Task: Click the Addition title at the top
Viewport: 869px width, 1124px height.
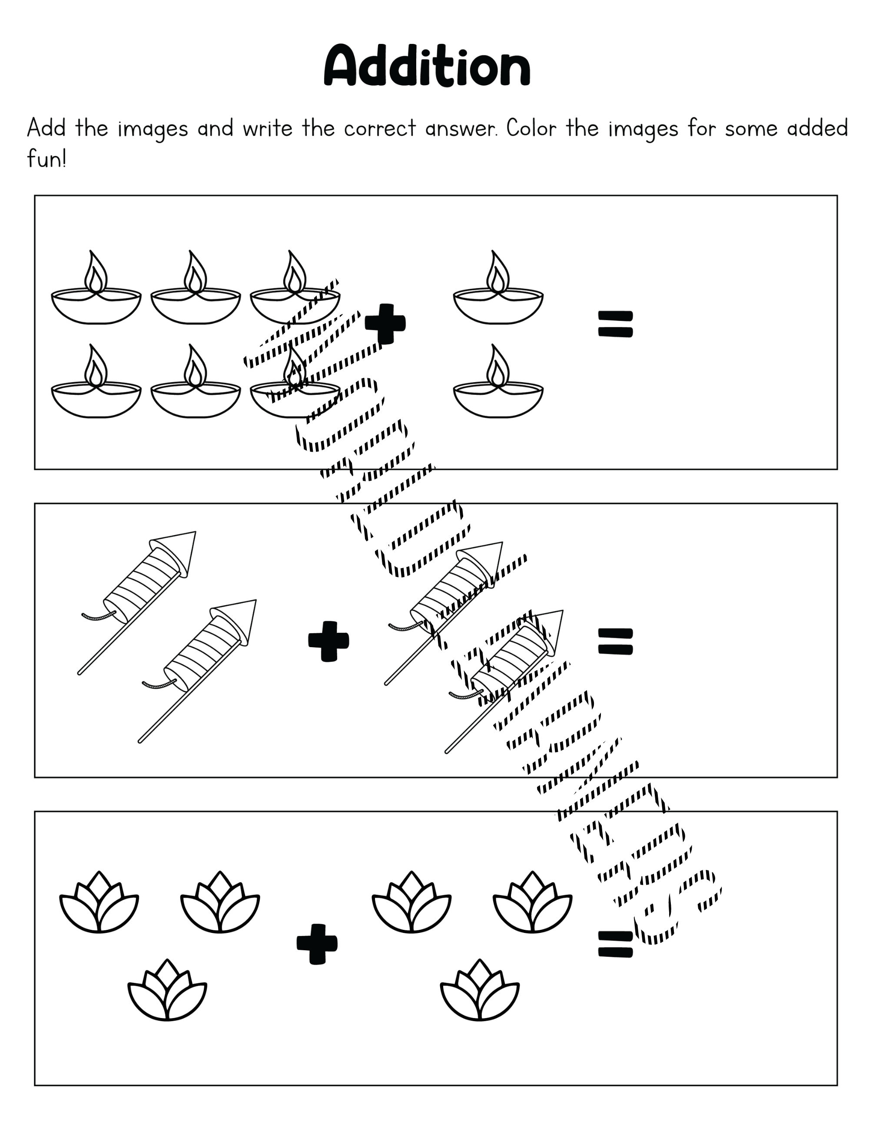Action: [x=427, y=66]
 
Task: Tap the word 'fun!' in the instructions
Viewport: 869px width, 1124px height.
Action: [x=46, y=159]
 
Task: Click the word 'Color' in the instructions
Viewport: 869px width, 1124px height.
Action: [x=531, y=128]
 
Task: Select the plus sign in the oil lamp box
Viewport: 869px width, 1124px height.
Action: [x=385, y=324]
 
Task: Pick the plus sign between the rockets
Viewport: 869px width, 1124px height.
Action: [x=328, y=641]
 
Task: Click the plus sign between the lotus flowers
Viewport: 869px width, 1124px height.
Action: [x=317, y=943]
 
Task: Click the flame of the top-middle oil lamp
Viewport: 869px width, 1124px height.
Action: [x=195, y=273]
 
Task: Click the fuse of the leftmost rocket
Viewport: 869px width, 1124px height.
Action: [x=98, y=615]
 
